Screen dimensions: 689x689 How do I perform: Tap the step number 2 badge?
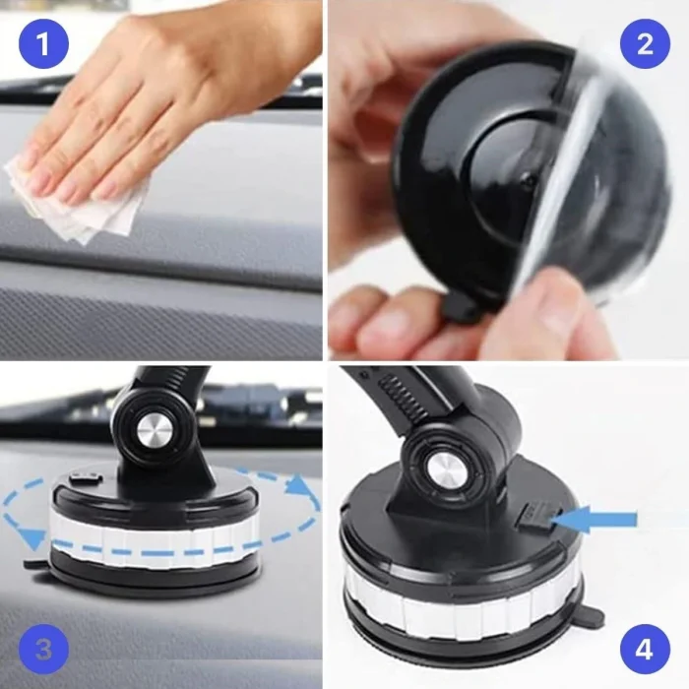coord(645,43)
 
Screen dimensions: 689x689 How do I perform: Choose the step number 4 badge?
coord(645,649)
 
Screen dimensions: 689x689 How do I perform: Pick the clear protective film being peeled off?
coord(581,167)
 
